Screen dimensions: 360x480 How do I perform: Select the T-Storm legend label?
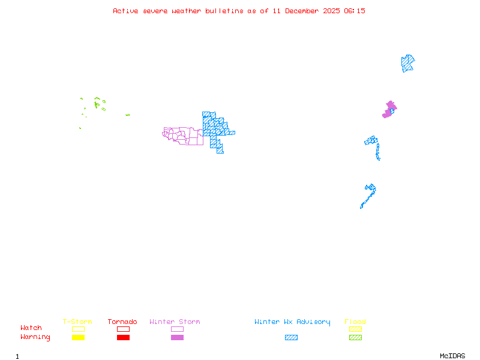[x=77, y=322]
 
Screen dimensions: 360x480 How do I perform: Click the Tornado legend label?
[x=122, y=322]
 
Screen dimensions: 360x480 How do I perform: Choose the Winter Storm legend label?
[x=175, y=322]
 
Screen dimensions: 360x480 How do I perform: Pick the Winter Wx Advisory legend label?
[x=292, y=322]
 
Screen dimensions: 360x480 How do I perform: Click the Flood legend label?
[x=355, y=322]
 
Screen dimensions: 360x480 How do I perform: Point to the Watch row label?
[x=31, y=328]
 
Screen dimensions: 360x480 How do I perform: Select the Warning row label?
[x=35, y=337]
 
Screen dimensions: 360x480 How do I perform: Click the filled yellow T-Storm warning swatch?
[x=78, y=338]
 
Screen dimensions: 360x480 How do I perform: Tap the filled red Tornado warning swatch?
[x=123, y=338]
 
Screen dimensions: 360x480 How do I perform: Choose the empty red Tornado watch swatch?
[x=123, y=329]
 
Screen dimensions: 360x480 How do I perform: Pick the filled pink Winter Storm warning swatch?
[x=177, y=338]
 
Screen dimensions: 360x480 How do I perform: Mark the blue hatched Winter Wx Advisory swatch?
[x=291, y=338]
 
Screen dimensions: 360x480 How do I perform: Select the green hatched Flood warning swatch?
[x=355, y=338]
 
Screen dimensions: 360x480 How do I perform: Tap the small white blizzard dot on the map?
[x=380, y=159]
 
